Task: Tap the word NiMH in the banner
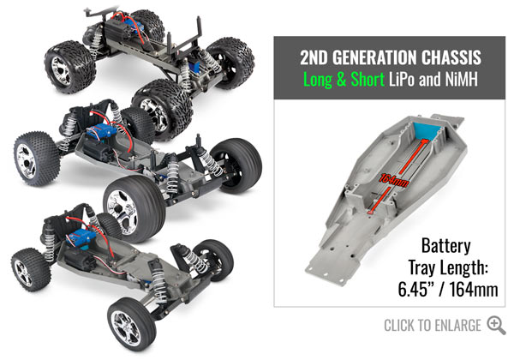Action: click(x=462, y=80)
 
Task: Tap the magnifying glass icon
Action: click(x=496, y=325)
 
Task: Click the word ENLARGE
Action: click(x=457, y=326)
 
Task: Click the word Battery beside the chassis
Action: click(x=445, y=246)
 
